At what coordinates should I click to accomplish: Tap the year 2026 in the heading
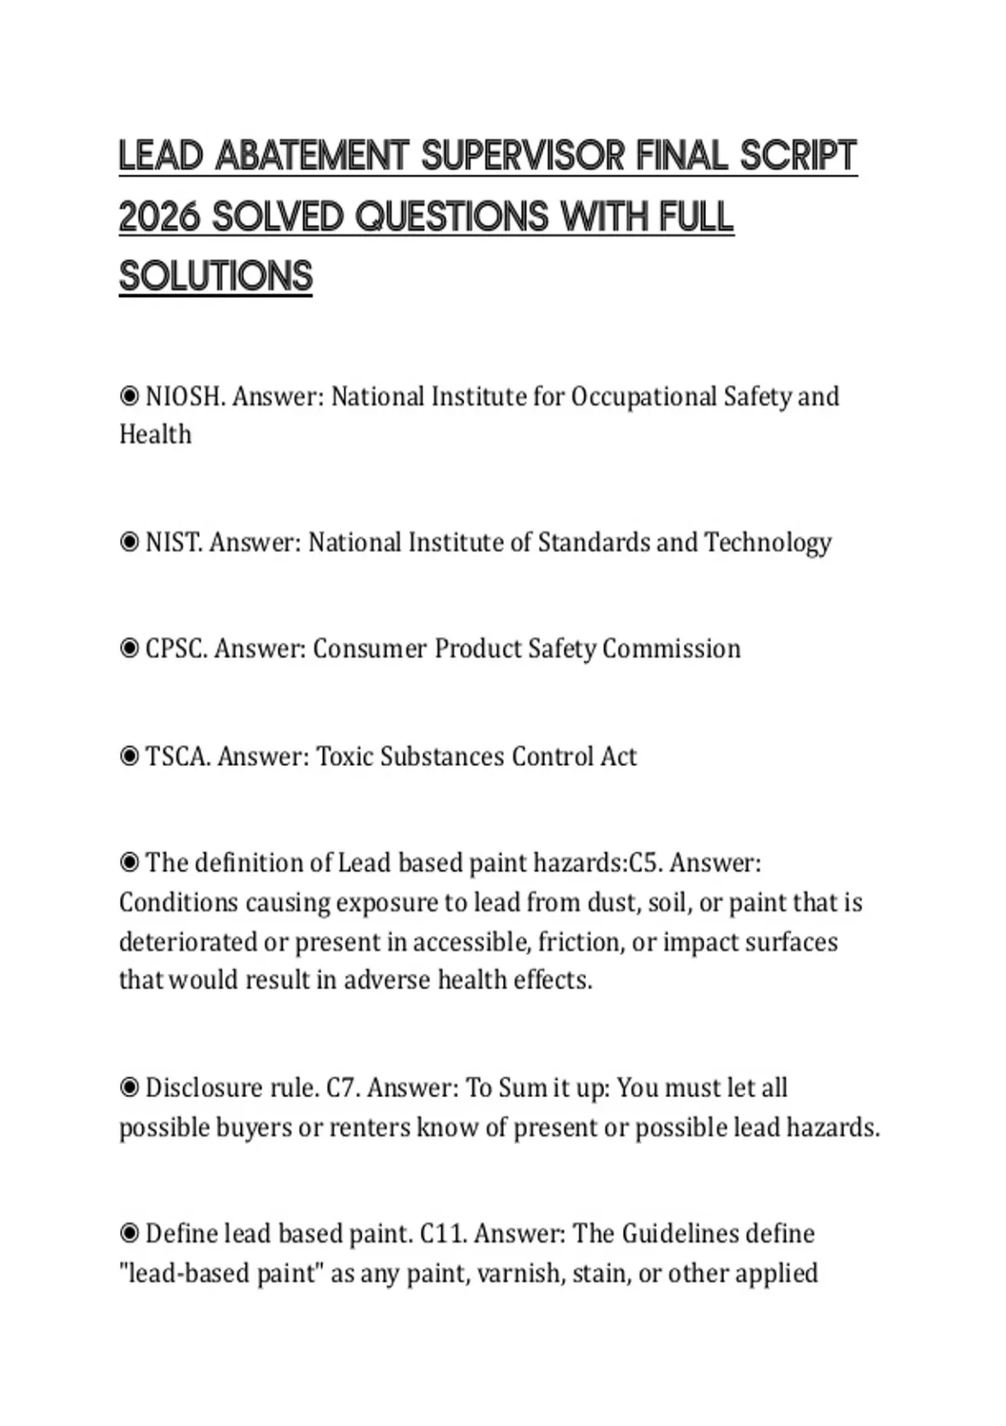(159, 217)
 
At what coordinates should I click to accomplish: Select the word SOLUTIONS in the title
(215, 277)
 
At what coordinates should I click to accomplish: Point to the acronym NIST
(174, 543)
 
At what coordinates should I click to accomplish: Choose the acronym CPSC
(176, 648)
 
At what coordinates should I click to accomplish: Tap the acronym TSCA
(177, 757)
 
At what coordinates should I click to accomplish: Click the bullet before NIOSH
(129, 397)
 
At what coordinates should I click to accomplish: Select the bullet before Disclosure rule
(129, 1088)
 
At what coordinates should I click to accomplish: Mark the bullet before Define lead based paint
(129, 1234)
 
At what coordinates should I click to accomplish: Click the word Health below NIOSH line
(155, 435)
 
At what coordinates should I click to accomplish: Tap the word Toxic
(344, 757)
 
